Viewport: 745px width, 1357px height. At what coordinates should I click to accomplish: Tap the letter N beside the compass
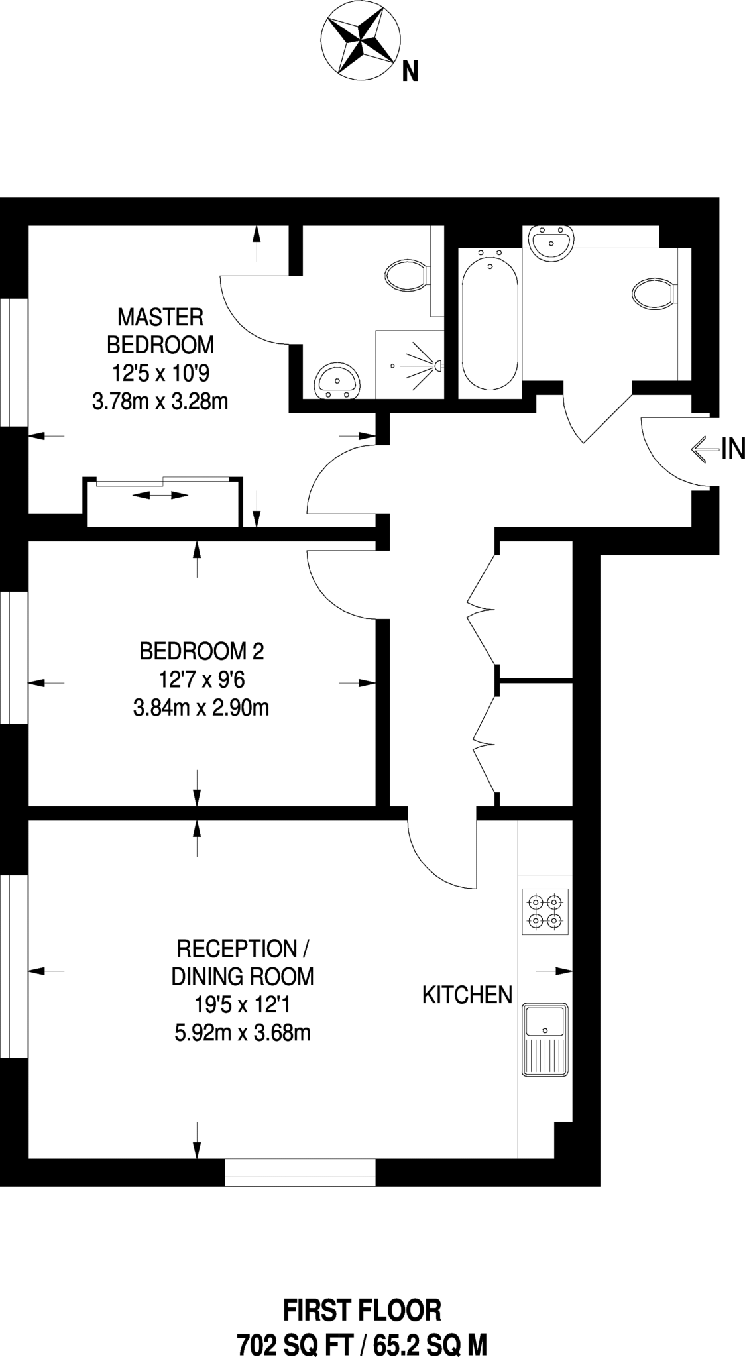(x=410, y=72)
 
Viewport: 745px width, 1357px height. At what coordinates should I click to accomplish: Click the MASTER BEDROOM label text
(x=160, y=331)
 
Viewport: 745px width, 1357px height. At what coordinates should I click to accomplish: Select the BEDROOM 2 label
(x=201, y=651)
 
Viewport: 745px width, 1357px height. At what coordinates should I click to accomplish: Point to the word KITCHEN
(x=467, y=995)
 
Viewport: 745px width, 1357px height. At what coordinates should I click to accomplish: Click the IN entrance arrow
(x=705, y=449)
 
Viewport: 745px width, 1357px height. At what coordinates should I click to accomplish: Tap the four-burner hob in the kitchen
(x=545, y=912)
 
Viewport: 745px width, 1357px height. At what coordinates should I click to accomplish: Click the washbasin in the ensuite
(x=338, y=382)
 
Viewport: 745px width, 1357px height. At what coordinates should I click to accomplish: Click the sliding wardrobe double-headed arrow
(x=160, y=495)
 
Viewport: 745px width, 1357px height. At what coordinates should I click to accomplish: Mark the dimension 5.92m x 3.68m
(x=243, y=1032)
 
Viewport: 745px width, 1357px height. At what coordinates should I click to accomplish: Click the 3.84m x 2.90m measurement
(x=201, y=708)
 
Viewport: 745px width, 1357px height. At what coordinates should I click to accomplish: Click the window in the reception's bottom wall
(x=300, y=1172)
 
